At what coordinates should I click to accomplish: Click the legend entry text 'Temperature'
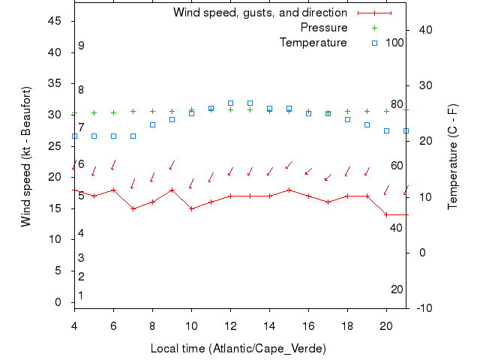(313, 42)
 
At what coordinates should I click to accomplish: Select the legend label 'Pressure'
(323, 28)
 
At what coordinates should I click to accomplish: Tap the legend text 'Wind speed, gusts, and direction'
(259, 13)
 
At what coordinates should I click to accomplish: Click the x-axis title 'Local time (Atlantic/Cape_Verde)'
(238, 349)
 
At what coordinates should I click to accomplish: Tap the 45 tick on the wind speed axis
(54, 21)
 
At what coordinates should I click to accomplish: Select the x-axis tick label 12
(230, 325)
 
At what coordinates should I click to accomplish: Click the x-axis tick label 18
(347, 325)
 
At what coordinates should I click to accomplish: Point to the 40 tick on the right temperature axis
(421, 29)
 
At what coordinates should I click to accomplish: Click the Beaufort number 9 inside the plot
(81, 46)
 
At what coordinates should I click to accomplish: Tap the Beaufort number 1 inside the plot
(81, 295)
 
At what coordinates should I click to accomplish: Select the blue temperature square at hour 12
(230, 103)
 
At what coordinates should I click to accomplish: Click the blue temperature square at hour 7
(133, 136)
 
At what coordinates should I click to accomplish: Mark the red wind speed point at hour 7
(133, 208)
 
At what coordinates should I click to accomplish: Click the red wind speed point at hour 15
(289, 190)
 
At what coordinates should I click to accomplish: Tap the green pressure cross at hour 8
(152, 111)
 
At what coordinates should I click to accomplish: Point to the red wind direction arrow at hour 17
(328, 177)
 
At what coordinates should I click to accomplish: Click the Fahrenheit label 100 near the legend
(395, 42)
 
